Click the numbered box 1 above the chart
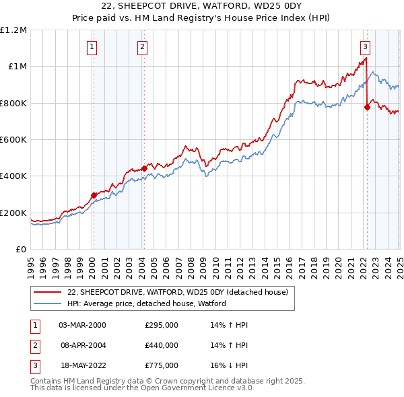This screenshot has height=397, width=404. tap(91, 47)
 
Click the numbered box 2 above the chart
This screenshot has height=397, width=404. tap(143, 47)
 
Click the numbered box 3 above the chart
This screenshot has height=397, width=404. tap(364, 47)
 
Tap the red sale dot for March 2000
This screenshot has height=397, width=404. tap(94, 195)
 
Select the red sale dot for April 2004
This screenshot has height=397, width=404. tap(144, 169)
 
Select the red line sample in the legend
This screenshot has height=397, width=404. tap(46, 292)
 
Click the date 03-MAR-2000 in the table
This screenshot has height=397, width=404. tap(83, 325)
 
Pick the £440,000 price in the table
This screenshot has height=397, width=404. tap(162, 345)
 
